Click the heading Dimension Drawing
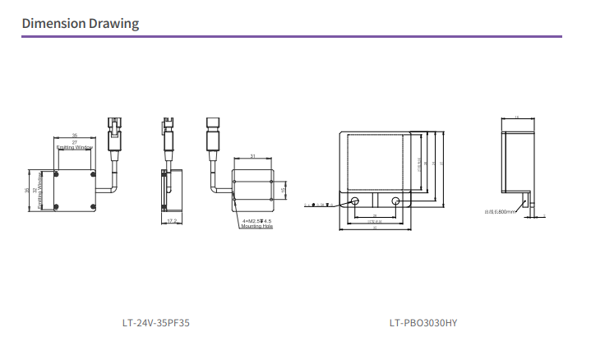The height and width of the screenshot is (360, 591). pyautogui.click(x=80, y=23)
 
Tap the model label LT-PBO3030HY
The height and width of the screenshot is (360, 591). pyautogui.click(x=423, y=324)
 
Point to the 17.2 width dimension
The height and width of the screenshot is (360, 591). pyautogui.click(x=172, y=221)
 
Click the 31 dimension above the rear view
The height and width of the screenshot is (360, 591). pyautogui.click(x=253, y=155)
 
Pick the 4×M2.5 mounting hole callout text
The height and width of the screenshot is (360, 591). pyautogui.click(x=257, y=221)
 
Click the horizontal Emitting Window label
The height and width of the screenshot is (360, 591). pyautogui.click(x=75, y=148)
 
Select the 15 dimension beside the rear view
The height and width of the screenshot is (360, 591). pyautogui.click(x=283, y=191)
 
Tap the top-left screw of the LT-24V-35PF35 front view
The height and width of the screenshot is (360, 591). pyautogui.click(x=56, y=174)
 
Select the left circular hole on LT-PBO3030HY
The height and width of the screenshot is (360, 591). pyautogui.click(x=356, y=202)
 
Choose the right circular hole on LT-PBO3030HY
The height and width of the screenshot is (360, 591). pyautogui.click(x=396, y=202)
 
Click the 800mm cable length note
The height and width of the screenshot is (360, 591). pyautogui.click(x=501, y=212)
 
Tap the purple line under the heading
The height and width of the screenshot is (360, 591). pyautogui.click(x=292, y=37)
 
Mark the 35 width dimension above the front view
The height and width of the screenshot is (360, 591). pyautogui.click(x=75, y=134)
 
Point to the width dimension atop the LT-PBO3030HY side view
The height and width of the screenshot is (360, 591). pyautogui.click(x=516, y=118)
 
